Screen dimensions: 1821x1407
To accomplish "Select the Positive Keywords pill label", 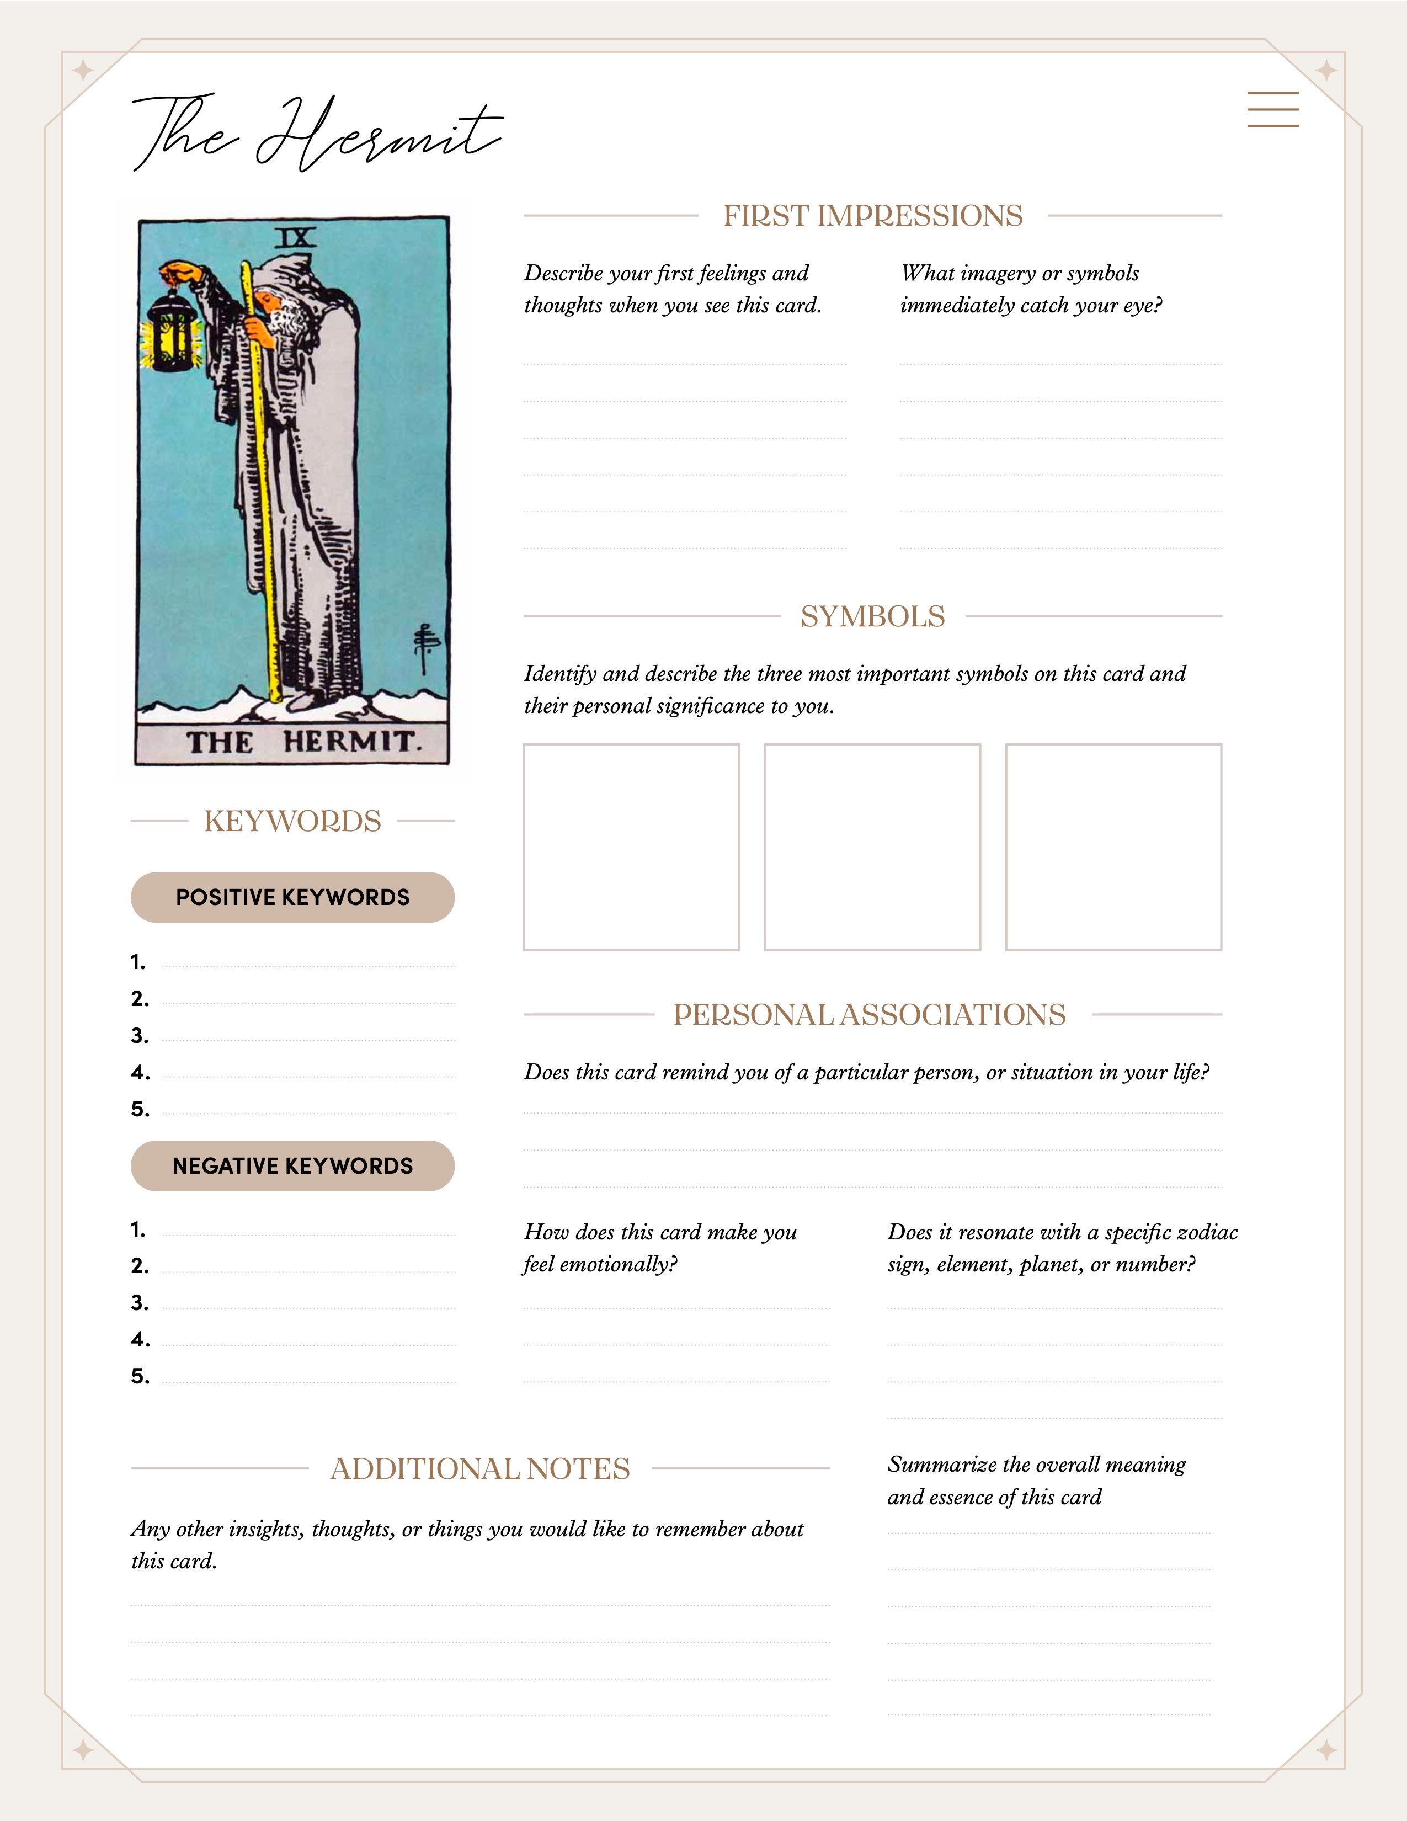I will (x=292, y=897).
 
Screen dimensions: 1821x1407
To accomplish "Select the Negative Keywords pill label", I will (x=292, y=1165).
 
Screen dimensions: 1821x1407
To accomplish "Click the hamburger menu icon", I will (x=1273, y=109).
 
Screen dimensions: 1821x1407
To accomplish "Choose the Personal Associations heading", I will (x=870, y=1015).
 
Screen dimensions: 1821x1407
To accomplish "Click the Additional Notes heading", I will (x=480, y=1469).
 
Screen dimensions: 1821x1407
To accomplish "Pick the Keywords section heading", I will (x=292, y=821).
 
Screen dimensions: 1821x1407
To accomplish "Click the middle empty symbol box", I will (x=872, y=847).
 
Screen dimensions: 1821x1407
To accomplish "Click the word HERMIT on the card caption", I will (x=348, y=741).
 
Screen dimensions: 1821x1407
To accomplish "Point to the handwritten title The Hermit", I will (x=317, y=134).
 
